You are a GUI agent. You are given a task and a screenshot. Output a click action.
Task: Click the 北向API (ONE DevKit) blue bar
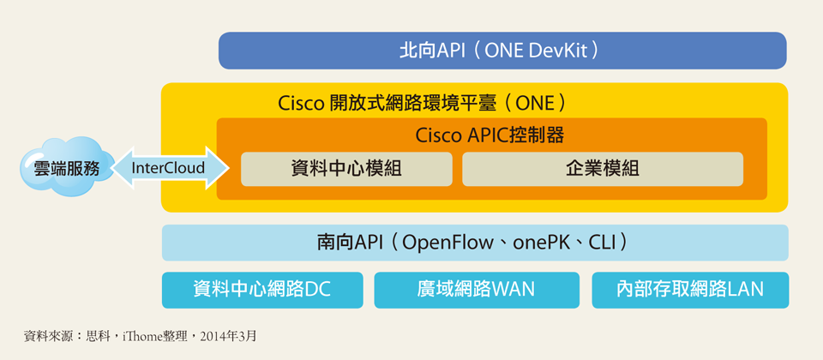coord(502,51)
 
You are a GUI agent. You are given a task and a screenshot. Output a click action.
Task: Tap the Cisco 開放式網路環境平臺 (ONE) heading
coord(422,103)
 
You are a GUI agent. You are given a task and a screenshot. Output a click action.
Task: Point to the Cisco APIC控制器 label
coord(490,135)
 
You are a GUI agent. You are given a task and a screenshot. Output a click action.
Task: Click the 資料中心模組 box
coord(346,169)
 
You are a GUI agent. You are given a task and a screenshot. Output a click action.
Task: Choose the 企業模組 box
coord(602,169)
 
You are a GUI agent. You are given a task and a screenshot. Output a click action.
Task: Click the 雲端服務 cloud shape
coord(60,167)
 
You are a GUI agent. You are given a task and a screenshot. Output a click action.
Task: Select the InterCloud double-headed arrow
coord(168,168)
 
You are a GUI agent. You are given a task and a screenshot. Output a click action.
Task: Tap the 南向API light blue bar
coord(474,243)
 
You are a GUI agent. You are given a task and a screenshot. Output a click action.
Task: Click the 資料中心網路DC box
coord(262,290)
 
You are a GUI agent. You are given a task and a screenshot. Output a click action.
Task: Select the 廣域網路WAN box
coord(477,290)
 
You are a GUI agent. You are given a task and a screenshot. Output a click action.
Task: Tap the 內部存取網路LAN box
coord(690,290)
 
